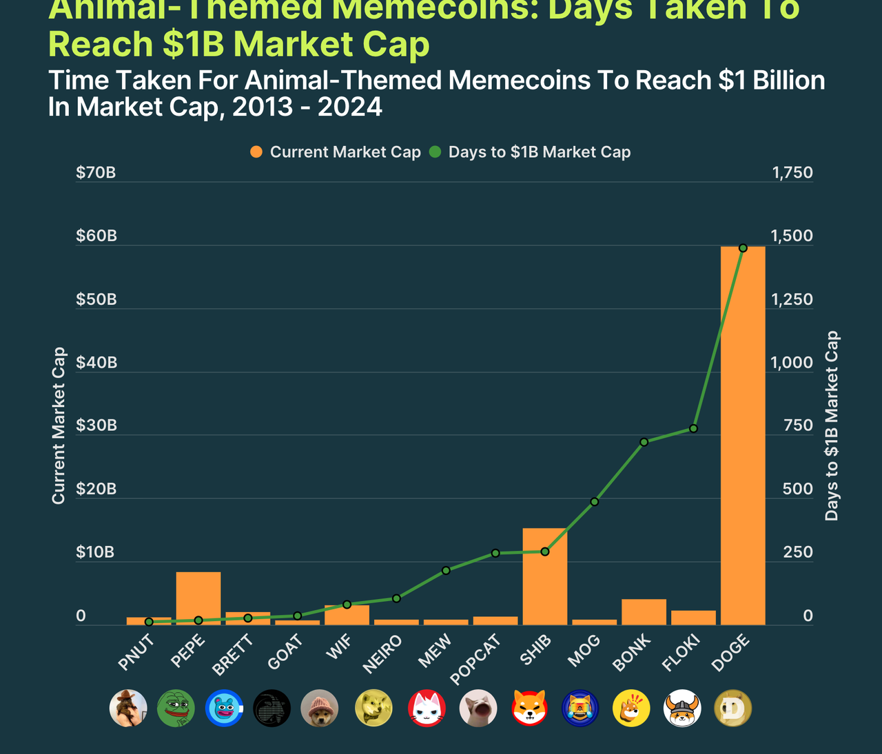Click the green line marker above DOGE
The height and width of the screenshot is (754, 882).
(743, 248)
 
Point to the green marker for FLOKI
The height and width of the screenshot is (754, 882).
(693, 428)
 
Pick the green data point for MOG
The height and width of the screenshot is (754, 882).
(594, 502)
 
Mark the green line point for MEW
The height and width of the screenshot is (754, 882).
(446, 570)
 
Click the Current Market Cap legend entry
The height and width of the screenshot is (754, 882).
(336, 152)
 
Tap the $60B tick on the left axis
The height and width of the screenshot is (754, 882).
(96, 236)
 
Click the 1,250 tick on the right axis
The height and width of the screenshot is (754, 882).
(792, 300)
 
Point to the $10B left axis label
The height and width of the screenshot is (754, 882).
(95, 552)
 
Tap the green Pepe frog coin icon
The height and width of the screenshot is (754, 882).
(176, 708)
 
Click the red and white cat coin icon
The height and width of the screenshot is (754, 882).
(427, 708)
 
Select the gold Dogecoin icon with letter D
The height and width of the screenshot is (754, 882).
(732, 708)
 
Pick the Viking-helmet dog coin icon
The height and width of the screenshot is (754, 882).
(682, 708)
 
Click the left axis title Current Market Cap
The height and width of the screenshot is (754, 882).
(59, 425)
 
